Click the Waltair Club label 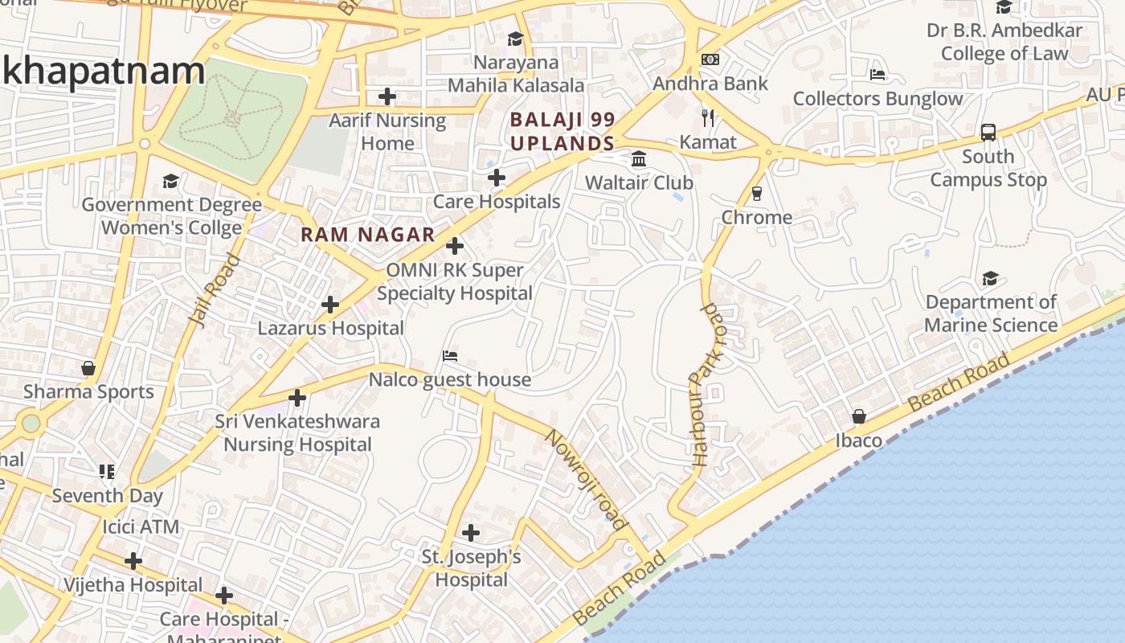639,182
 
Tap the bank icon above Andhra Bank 710,59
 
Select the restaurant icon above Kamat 708,118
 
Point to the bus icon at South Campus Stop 988,133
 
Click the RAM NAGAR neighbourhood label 367,235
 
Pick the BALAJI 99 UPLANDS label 562,132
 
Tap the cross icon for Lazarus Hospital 330,305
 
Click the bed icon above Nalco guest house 450,356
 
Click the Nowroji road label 586,480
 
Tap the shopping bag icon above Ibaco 859,416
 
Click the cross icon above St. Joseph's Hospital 472,532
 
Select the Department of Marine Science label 991,313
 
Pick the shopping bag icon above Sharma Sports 88,368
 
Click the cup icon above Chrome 756,194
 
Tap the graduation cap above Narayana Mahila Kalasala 515,39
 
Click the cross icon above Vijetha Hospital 133,560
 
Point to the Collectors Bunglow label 877,99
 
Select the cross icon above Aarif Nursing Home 387,96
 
